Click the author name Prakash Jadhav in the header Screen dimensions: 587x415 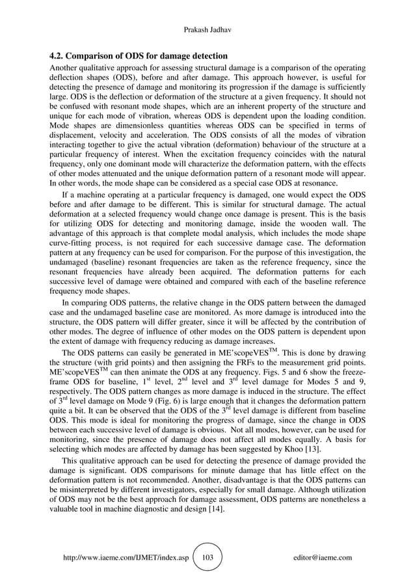207,31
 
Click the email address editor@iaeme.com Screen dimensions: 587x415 323,558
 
